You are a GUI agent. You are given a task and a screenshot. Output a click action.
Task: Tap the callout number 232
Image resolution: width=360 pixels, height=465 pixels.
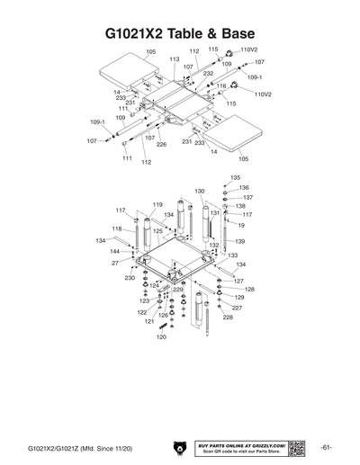[208, 74]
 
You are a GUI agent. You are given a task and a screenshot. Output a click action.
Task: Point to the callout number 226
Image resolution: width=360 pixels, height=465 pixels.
[161, 144]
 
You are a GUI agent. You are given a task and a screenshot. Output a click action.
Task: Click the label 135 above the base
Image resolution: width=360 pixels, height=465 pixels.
[235, 178]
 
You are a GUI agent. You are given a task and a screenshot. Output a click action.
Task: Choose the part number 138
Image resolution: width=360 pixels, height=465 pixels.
[240, 206]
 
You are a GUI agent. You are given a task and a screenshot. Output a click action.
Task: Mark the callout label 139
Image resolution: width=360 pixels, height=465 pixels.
[240, 241]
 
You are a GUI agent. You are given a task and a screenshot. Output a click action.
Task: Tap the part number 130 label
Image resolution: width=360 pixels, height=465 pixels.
[199, 192]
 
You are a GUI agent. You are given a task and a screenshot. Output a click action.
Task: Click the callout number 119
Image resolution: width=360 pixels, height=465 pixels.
[157, 206]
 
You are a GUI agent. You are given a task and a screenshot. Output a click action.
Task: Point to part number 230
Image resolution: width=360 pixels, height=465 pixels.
[130, 278]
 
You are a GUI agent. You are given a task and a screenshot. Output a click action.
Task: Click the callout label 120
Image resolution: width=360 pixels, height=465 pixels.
[161, 362]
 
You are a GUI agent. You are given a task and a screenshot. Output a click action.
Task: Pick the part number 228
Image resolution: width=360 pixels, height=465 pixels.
[227, 317]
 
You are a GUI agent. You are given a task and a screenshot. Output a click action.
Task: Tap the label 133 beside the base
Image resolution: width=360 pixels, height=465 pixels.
[232, 255]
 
